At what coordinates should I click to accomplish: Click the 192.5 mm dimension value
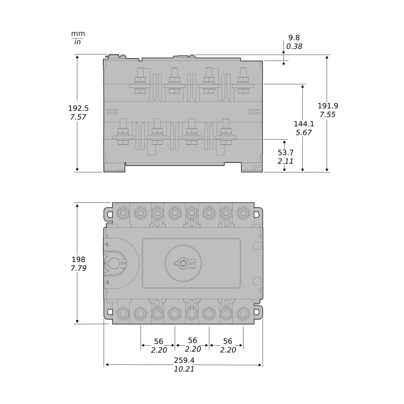click(78, 108)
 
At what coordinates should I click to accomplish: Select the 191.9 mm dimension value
click(328, 106)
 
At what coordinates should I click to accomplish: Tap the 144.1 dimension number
click(304, 124)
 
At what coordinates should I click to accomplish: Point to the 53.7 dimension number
click(285, 152)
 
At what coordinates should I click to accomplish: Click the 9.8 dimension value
click(294, 38)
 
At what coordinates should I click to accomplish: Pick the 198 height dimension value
click(78, 259)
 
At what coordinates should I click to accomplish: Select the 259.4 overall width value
click(184, 360)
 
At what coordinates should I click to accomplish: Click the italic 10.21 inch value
click(184, 369)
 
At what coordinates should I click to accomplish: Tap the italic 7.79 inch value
click(78, 268)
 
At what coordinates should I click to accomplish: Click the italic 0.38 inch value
click(294, 47)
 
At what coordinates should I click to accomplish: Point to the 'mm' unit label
click(78, 34)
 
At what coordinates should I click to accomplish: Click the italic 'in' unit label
click(78, 42)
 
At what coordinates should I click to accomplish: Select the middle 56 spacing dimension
click(192, 340)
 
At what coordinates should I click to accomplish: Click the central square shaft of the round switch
click(183, 263)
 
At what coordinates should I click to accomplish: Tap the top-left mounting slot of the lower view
click(110, 214)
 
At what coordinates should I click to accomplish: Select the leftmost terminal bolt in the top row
click(123, 213)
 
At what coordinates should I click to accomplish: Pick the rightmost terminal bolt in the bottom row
click(243, 314)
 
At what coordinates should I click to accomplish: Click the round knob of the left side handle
click(114, 263)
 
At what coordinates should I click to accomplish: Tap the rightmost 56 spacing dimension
click(227, 341)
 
